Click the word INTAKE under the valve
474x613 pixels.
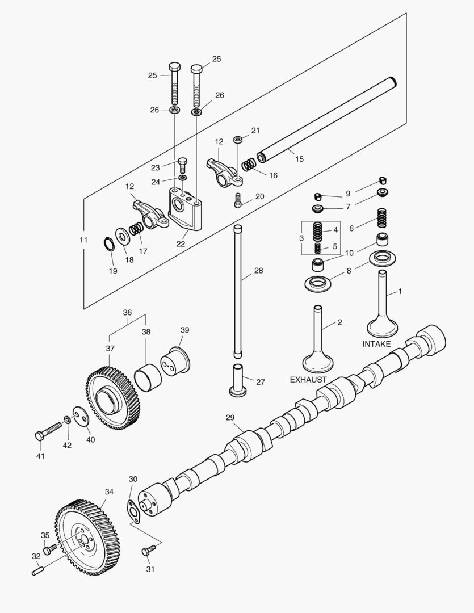tap(376, 344)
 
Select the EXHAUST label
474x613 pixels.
tap(308, 379)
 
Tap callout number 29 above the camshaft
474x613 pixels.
tap(230, 418)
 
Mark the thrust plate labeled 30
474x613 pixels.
tap(134, 510)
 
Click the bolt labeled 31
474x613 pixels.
tap(149, 550)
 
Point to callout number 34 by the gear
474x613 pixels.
tap(110, 492)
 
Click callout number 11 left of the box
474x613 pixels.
tap(83, 240)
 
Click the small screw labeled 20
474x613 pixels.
tap(238, 200)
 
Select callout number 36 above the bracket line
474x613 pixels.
tap(127, 313)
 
